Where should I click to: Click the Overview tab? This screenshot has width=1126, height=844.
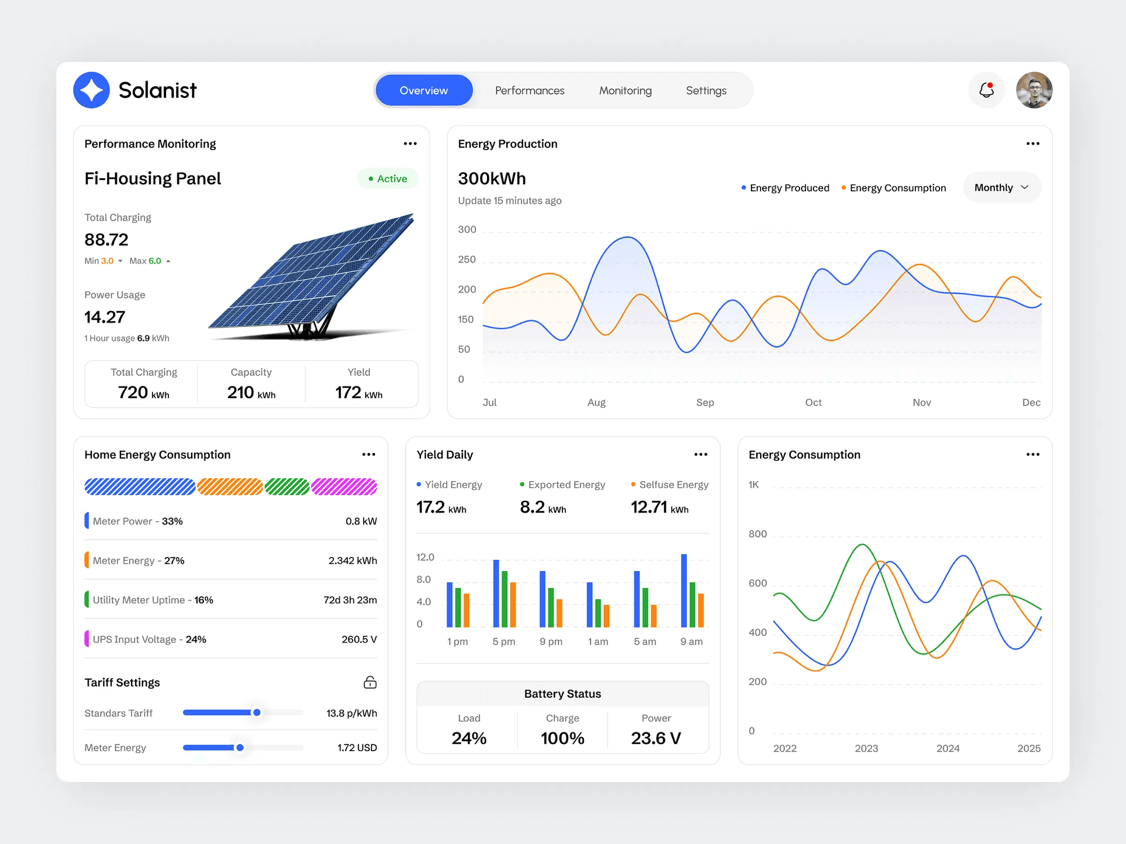pyautogui.click(x=424, y=91)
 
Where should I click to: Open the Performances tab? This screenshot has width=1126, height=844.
pyautogui.click(x=530, y=91)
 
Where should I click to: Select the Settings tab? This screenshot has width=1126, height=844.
pyautogui.click(x=706, y=91)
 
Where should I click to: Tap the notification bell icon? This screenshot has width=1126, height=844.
pyautogui.click(x=986, y=90)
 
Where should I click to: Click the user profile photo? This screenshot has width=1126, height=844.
pyautogui.click(x=1034, y=90)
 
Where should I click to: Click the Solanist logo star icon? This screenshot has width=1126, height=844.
pyautogui.click(x=92, y=90)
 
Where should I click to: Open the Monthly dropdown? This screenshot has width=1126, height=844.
pyautogui.click(x=1002, y=187)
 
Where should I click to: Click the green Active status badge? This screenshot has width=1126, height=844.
pyautogui.click(x=388, y=178)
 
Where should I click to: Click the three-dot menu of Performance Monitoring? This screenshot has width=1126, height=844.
pyautogui.click(x=410, y=144)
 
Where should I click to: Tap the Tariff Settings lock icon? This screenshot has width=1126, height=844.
pyautogui.click(x=370, y=683)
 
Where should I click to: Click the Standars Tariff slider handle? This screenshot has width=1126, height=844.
pyautogui.click(x=257, y=712)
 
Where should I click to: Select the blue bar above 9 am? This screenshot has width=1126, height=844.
pyautogui.click(x=684, y=590)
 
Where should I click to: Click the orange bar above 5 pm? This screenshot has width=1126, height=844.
pyautogui.click(x=513, y=604)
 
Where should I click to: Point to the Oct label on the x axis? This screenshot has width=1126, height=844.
pyautogui.click(x=813, y=402)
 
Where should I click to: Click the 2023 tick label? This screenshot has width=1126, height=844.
pyautogui.click(x=866, y=748)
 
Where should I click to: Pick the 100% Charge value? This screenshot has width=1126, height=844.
pyautogui.click(x=562, y=738)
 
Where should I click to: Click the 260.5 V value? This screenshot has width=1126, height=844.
pyautogui.click(x=359, y=639)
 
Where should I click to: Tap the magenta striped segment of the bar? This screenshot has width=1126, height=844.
pyautogui.click(x=344, y=487)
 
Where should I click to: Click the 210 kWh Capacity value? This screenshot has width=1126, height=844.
pyautogui.click(x=251, y=392)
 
